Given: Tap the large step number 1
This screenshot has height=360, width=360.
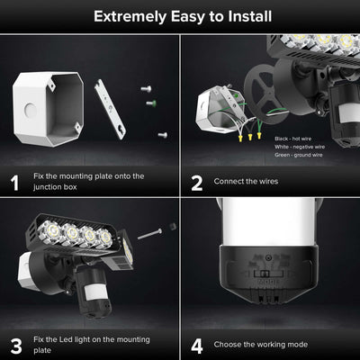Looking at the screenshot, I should click(x=13, y=183).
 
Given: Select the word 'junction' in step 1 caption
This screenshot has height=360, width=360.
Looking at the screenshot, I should click(x=54, y=188).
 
